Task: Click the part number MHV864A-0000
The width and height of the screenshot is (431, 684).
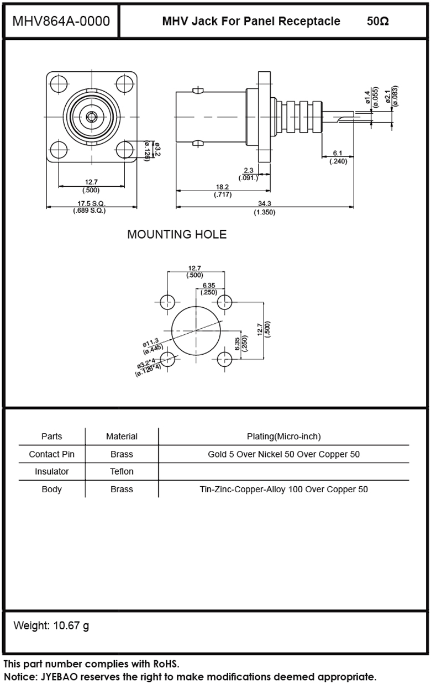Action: [x=61, y=22]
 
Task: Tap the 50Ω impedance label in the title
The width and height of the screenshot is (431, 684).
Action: [x=377, y=22]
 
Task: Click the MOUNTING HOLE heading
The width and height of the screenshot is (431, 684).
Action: [x=177, y=234]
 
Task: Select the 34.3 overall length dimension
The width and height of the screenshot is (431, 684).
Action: [x=264, y=204]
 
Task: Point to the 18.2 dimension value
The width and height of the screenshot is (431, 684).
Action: [x=222, y=187]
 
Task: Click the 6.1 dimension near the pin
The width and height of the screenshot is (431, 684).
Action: [x=338, y=153]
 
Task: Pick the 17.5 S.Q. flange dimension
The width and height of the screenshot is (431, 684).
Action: [x=91, y=203]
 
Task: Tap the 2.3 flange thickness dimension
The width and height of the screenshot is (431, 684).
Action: [x=248, y=170]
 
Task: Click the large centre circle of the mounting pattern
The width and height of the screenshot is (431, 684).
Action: [x=196, y=330]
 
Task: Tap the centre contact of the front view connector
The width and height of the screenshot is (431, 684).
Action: [x=91, y=117]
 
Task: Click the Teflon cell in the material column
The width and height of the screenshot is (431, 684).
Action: [x=122, y=471]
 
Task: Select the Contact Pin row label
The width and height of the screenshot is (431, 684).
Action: [x=51, y=454]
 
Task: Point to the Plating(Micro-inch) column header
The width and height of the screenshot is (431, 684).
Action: [x=283, y=436]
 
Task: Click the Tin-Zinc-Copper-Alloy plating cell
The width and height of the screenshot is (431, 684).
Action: [x=283, y=489]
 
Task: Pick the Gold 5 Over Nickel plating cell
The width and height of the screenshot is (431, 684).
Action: [x=283, y=454]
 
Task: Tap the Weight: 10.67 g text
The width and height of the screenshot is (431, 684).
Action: [x=51, y=626]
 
